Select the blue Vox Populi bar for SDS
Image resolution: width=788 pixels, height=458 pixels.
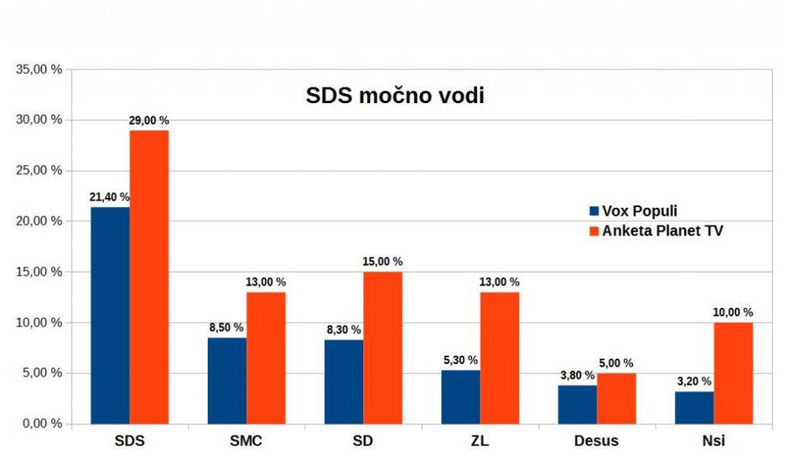[110, 315]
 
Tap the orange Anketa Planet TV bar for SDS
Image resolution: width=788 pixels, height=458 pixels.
[148, 277]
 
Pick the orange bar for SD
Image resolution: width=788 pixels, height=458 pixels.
[382, 347]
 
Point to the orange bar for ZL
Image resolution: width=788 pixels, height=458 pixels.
[500, 357]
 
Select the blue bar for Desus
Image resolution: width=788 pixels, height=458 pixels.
[578, 404]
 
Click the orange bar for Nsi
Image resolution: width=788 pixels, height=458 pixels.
[734, 372]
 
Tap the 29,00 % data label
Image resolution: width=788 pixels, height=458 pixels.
[148, 121]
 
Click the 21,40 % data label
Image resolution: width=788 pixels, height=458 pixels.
[110, 197]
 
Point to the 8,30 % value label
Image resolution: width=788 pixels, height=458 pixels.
[344, 330]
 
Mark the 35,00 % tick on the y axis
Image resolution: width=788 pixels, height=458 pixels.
[39, 69]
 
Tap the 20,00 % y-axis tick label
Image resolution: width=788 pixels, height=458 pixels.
[39, 221]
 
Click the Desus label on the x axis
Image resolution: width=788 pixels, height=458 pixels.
[597, 441]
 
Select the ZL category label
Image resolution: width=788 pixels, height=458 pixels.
[480, 441]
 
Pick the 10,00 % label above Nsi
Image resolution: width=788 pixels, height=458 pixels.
[734, 313]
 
